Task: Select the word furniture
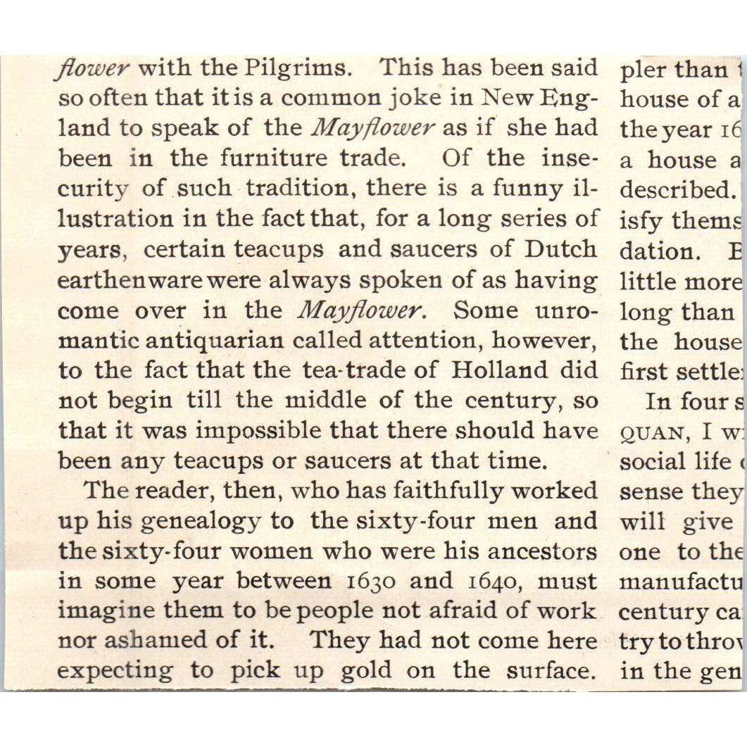click(x=274, y=158)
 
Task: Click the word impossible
click(x=296, y=431)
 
